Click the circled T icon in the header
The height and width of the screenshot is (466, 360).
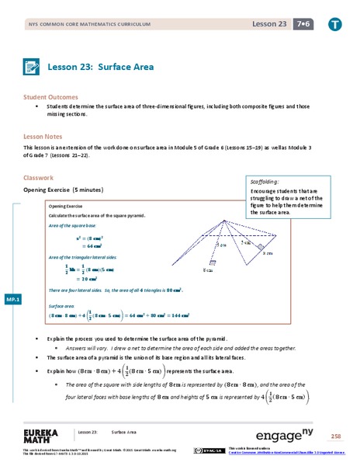[x=334, y=26]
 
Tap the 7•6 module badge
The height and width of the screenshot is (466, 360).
[x=299, y=26]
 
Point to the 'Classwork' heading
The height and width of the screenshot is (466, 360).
[x=39, y=177]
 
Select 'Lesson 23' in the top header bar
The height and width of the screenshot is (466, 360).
[x=267, y=26]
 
